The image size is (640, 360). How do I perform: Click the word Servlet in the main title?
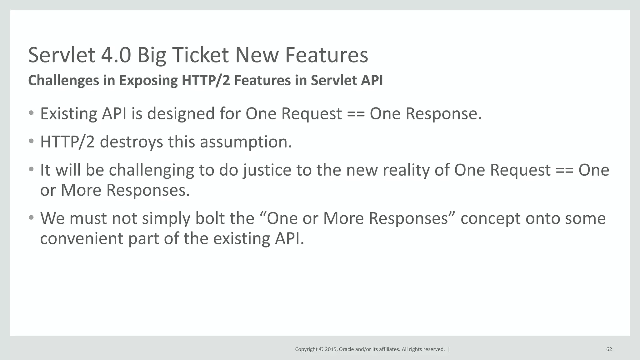[62, 55]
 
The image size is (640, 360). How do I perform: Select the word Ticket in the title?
[200, 55]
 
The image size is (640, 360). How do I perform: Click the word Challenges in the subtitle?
[64, 80]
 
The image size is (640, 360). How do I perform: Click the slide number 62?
[609, 349]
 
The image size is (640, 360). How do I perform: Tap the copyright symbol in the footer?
[321, 349]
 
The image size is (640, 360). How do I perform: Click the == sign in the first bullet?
[356, 114]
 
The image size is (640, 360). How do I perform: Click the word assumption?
[246, 142]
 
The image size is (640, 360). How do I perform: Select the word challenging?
[151, 171]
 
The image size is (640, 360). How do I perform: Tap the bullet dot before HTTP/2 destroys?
[31, 141]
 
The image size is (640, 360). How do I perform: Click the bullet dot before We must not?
[31, 217]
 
